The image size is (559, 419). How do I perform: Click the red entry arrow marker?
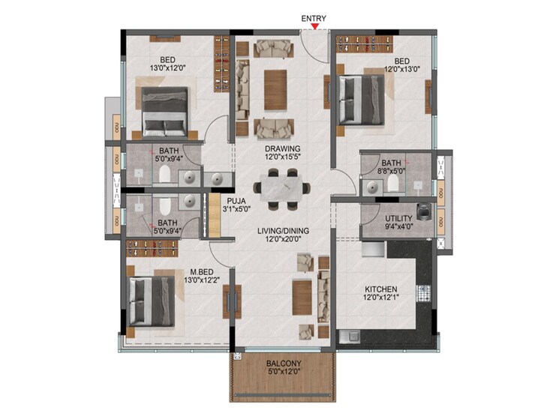coord(317,28)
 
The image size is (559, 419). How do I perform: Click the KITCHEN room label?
coord(380,289)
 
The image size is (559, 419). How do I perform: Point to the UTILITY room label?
coord(398,218)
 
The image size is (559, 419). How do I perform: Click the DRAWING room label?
coord(281,148)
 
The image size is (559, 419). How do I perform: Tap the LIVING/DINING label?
coord(281,230)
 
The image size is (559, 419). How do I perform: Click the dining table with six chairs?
coord(281,190)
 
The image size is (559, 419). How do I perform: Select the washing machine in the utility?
coord(425,213)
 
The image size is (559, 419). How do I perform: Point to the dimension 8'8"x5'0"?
coord(391,171)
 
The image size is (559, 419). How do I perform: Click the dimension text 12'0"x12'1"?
coord(380,298)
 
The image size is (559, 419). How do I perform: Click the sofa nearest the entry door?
coord(275,48)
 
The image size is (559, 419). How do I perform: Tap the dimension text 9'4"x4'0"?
coord(398,227)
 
